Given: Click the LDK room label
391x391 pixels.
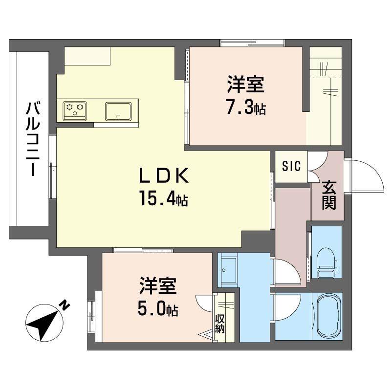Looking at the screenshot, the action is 164,175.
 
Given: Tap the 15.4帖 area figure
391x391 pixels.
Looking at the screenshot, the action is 164,198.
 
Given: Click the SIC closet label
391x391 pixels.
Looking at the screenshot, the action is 291,166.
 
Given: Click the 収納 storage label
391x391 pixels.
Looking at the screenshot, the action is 219,324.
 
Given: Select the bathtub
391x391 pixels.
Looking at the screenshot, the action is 328,316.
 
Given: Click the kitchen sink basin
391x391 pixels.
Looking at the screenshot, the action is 118,111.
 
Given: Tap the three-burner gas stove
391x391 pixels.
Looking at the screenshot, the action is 75,111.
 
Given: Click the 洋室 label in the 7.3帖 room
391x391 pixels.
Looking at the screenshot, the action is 246,85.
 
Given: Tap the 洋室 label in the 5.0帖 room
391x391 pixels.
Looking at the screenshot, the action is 158,286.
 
